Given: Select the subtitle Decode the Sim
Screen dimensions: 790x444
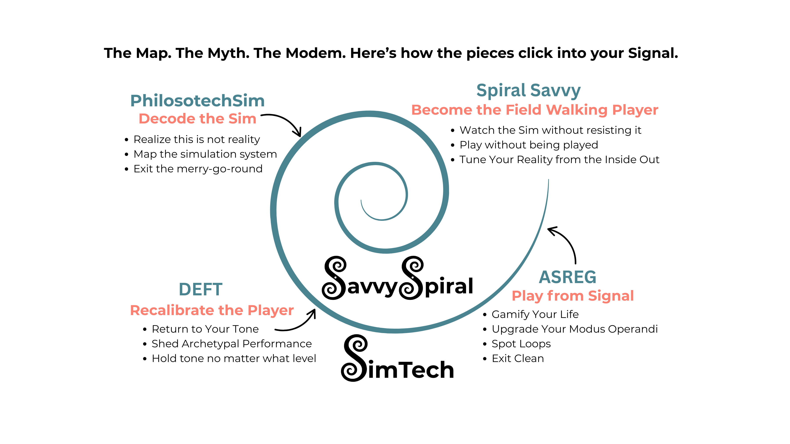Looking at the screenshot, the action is point(197,119).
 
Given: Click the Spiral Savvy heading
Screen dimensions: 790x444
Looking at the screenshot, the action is point(528,91).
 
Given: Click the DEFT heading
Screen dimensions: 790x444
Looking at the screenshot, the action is point(201,290).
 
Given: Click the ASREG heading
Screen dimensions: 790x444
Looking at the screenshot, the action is point(568,277).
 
